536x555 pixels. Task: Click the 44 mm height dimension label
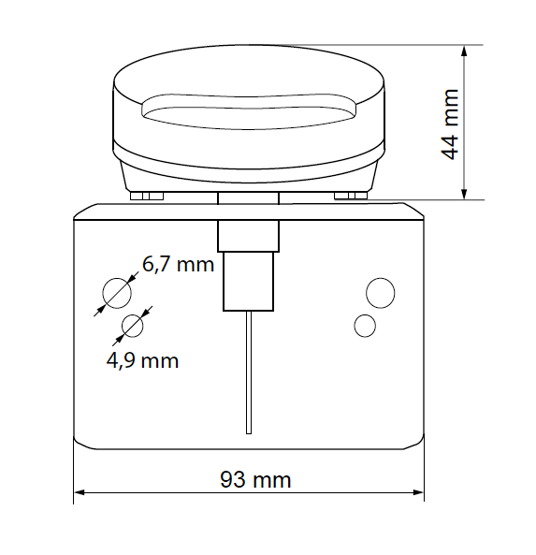click(450, 124)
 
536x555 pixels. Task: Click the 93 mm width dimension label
click(255, 480)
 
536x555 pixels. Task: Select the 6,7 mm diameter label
click(178, 265)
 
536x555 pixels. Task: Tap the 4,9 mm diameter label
click(142, 360)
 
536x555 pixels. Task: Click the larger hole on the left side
click(117, 293)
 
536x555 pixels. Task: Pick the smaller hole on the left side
click(132, 326)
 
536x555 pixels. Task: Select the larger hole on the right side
click(381, 293)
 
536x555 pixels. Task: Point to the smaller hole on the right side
click(365, 326)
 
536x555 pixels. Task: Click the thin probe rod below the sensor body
click(249, 372)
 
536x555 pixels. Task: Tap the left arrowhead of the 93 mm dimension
click(80, 492)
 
